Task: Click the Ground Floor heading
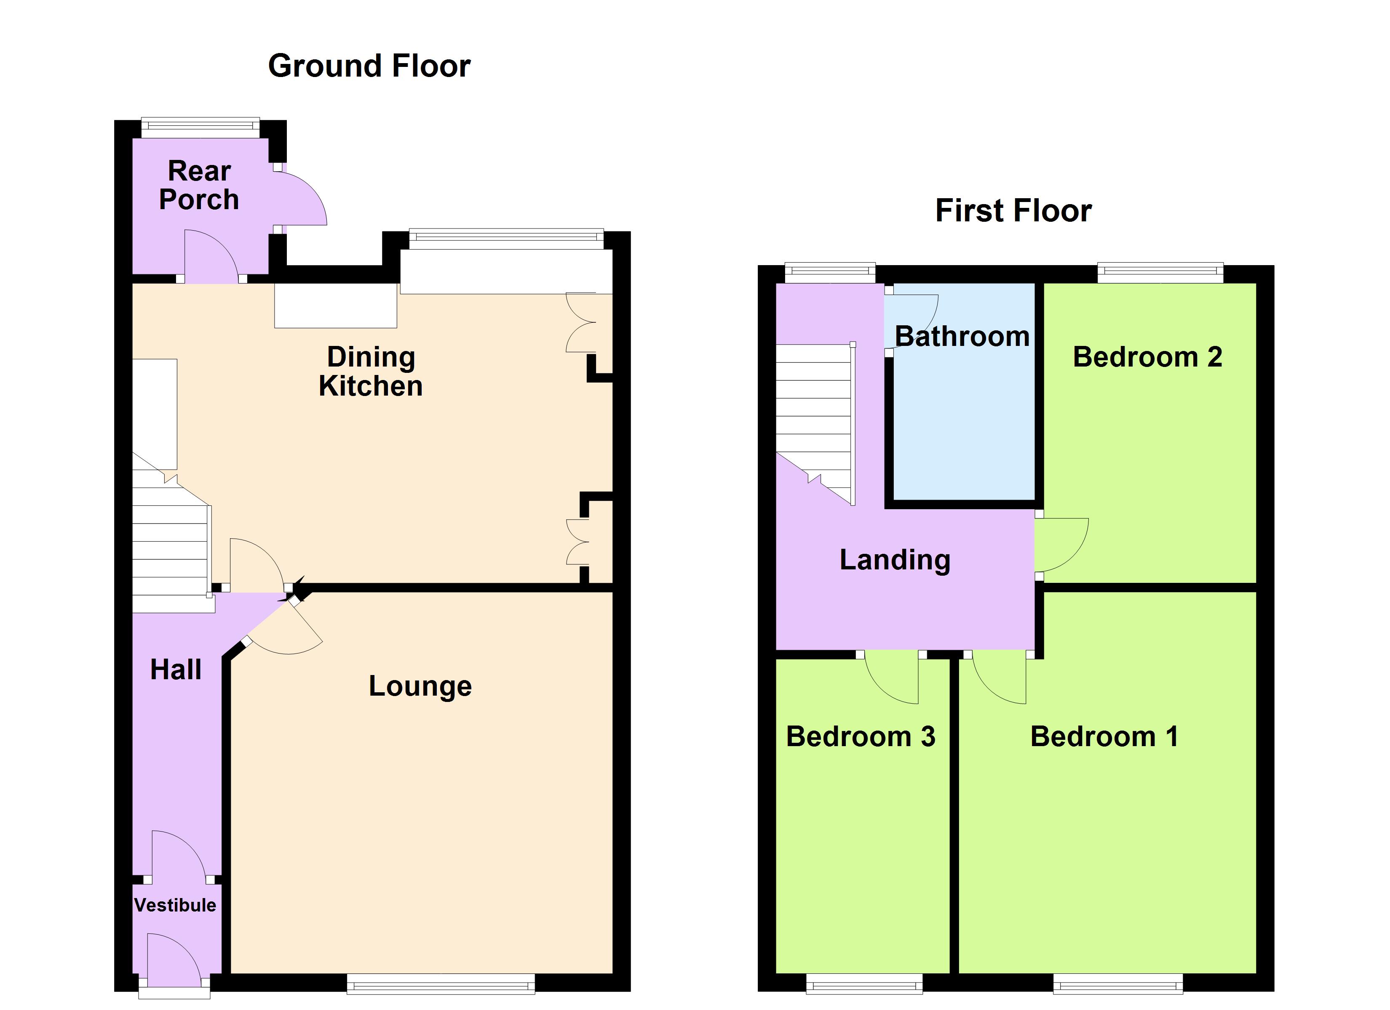pyautogui.click(x=369, y=66)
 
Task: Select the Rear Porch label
pyautogui.click(x=198, y=185)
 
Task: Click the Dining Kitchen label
pyautogui.click(x=371, y=371)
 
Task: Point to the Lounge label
pyautogui.click(x=420, y=686)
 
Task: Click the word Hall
pyautogui.click(x=176, y=670)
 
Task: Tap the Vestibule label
pyautogui.click(x=175, y=905)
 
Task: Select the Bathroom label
pyautogui.click(x=962, y=336)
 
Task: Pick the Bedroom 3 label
pyautogui.click(x=861, y=736)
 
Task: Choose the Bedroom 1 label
pyautogui.click(x=1104, y=736)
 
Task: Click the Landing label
pyautogui.click(x=895, y=559)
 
